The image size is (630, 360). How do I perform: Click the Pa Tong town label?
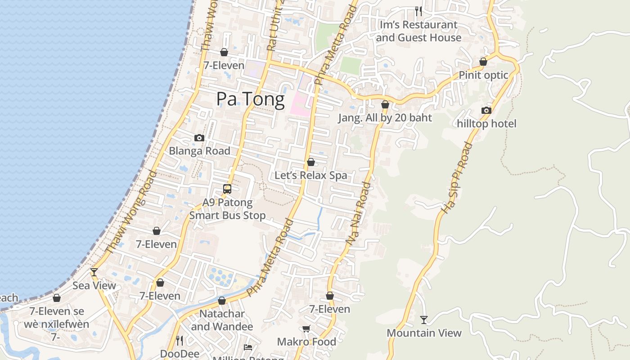250,99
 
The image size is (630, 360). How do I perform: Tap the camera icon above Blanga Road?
199,138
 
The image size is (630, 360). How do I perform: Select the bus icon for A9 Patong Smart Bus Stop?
227,189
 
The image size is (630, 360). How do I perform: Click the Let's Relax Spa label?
311,175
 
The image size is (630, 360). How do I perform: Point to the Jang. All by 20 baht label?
385,118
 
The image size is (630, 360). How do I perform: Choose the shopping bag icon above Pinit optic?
483,62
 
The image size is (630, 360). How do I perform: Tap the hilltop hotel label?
486,123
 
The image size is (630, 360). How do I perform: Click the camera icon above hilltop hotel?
486,110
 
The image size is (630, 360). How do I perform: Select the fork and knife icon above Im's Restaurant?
418,11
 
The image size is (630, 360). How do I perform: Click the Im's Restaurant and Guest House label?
418,31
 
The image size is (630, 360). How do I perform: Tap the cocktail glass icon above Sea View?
94,272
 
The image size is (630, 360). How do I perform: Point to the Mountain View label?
424,333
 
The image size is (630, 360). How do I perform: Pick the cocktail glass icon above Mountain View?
424,320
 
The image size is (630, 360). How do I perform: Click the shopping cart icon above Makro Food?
306,329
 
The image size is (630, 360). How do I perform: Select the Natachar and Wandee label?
222,320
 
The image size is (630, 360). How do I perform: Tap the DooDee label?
180,354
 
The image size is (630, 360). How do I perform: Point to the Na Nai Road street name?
359,213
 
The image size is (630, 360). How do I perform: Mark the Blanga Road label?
199,151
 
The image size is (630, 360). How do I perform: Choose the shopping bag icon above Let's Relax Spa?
311,162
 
